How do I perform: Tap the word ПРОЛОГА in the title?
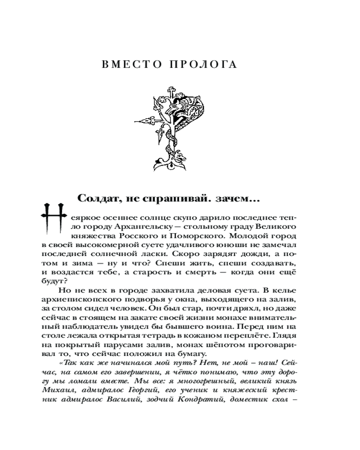click(207, 64)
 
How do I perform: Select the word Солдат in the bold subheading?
click(99, 198)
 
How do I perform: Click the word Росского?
click(135, 234)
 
